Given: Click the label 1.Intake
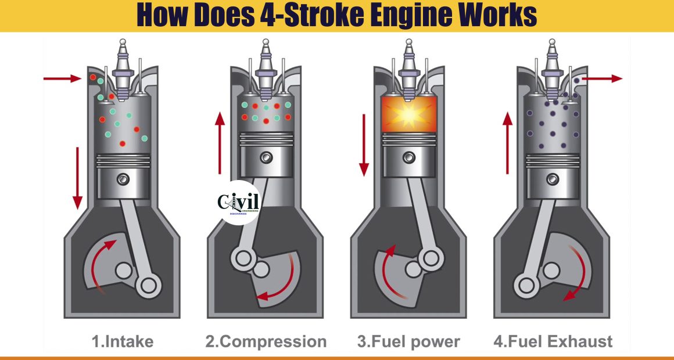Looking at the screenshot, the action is point(123,342).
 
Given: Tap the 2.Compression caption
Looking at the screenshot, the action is point(266,342).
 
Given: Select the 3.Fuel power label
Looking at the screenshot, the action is point(408,342).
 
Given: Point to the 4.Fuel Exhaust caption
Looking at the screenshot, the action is point(553,342).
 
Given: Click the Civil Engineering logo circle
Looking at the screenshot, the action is point(239,202).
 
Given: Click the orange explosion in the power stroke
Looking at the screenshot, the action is point(409,114).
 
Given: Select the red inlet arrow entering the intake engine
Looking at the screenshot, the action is point(62,78).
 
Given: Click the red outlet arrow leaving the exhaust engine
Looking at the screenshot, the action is point(602,78).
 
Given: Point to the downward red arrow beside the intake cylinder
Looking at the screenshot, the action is point(77,178).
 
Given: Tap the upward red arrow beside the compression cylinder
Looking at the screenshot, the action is point(220,143).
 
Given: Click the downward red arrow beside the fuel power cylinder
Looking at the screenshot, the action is point(364,145).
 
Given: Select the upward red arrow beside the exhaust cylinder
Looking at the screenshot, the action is point(508,143).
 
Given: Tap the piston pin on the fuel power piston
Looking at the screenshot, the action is point(409,157).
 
